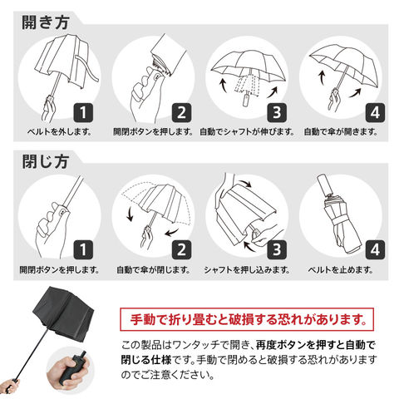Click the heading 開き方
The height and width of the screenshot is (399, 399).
[46, 22]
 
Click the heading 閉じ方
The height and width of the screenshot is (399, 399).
[46, 161]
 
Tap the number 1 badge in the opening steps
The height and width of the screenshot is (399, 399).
[83, 112]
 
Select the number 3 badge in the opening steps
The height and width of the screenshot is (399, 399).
[277, 112]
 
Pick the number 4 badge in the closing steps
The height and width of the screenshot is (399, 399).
[375, 250]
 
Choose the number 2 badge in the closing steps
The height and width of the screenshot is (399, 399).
[181, 250]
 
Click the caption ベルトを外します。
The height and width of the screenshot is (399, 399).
[59, 131]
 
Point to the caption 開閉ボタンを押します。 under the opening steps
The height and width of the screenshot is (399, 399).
[153, 131]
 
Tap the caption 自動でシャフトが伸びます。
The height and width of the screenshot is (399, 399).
[247, 131]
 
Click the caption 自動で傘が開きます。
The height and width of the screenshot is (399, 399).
[341, 131]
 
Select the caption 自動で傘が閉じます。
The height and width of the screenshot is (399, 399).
[154, 269]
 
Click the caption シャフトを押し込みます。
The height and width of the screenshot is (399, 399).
[247, 269]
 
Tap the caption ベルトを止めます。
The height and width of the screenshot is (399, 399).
[341, 269]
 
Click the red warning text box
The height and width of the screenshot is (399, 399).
[247, 319]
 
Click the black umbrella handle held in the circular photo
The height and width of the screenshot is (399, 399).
[72, 368]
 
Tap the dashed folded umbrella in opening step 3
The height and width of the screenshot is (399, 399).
[247, 86]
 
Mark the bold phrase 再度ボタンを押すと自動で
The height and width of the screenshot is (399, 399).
[315, 345]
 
